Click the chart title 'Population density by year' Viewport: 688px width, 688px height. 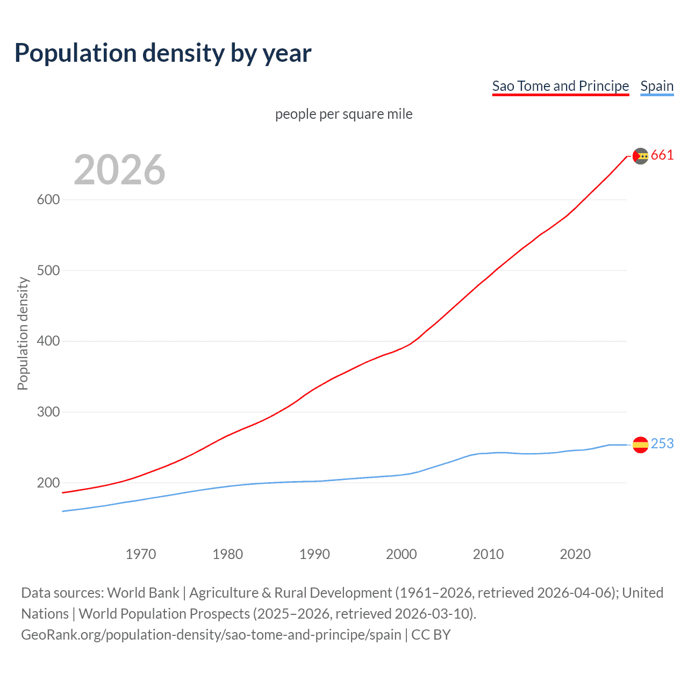pos(163,53)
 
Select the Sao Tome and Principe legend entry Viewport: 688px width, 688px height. pos(560,86)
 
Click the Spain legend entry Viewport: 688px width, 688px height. pos(657,86)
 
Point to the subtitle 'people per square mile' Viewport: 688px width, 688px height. pos(344,114)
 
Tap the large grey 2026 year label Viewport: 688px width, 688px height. pos(119,170)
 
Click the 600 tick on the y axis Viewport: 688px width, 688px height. pos(48,199)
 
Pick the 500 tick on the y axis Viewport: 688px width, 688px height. pos(48,270)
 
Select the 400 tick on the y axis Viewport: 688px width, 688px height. pos(48,341)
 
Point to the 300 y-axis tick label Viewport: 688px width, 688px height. pos(48,412)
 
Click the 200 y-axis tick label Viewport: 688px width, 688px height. pos(48,483)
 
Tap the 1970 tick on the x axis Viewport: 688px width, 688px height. pos(141,554)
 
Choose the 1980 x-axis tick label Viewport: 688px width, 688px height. pos(228,554)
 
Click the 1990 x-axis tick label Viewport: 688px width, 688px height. pos(314,554)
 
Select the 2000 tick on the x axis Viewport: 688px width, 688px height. pos(402,554)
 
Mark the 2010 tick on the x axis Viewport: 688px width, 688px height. pos(488,554)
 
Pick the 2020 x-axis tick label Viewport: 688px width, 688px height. pos(575,554)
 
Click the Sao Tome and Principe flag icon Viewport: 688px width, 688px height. pos(640,156)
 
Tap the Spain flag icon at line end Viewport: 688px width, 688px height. pos(640,445)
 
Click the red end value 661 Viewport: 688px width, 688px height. pos(662,155)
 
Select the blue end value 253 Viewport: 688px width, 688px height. pos(662,444)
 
